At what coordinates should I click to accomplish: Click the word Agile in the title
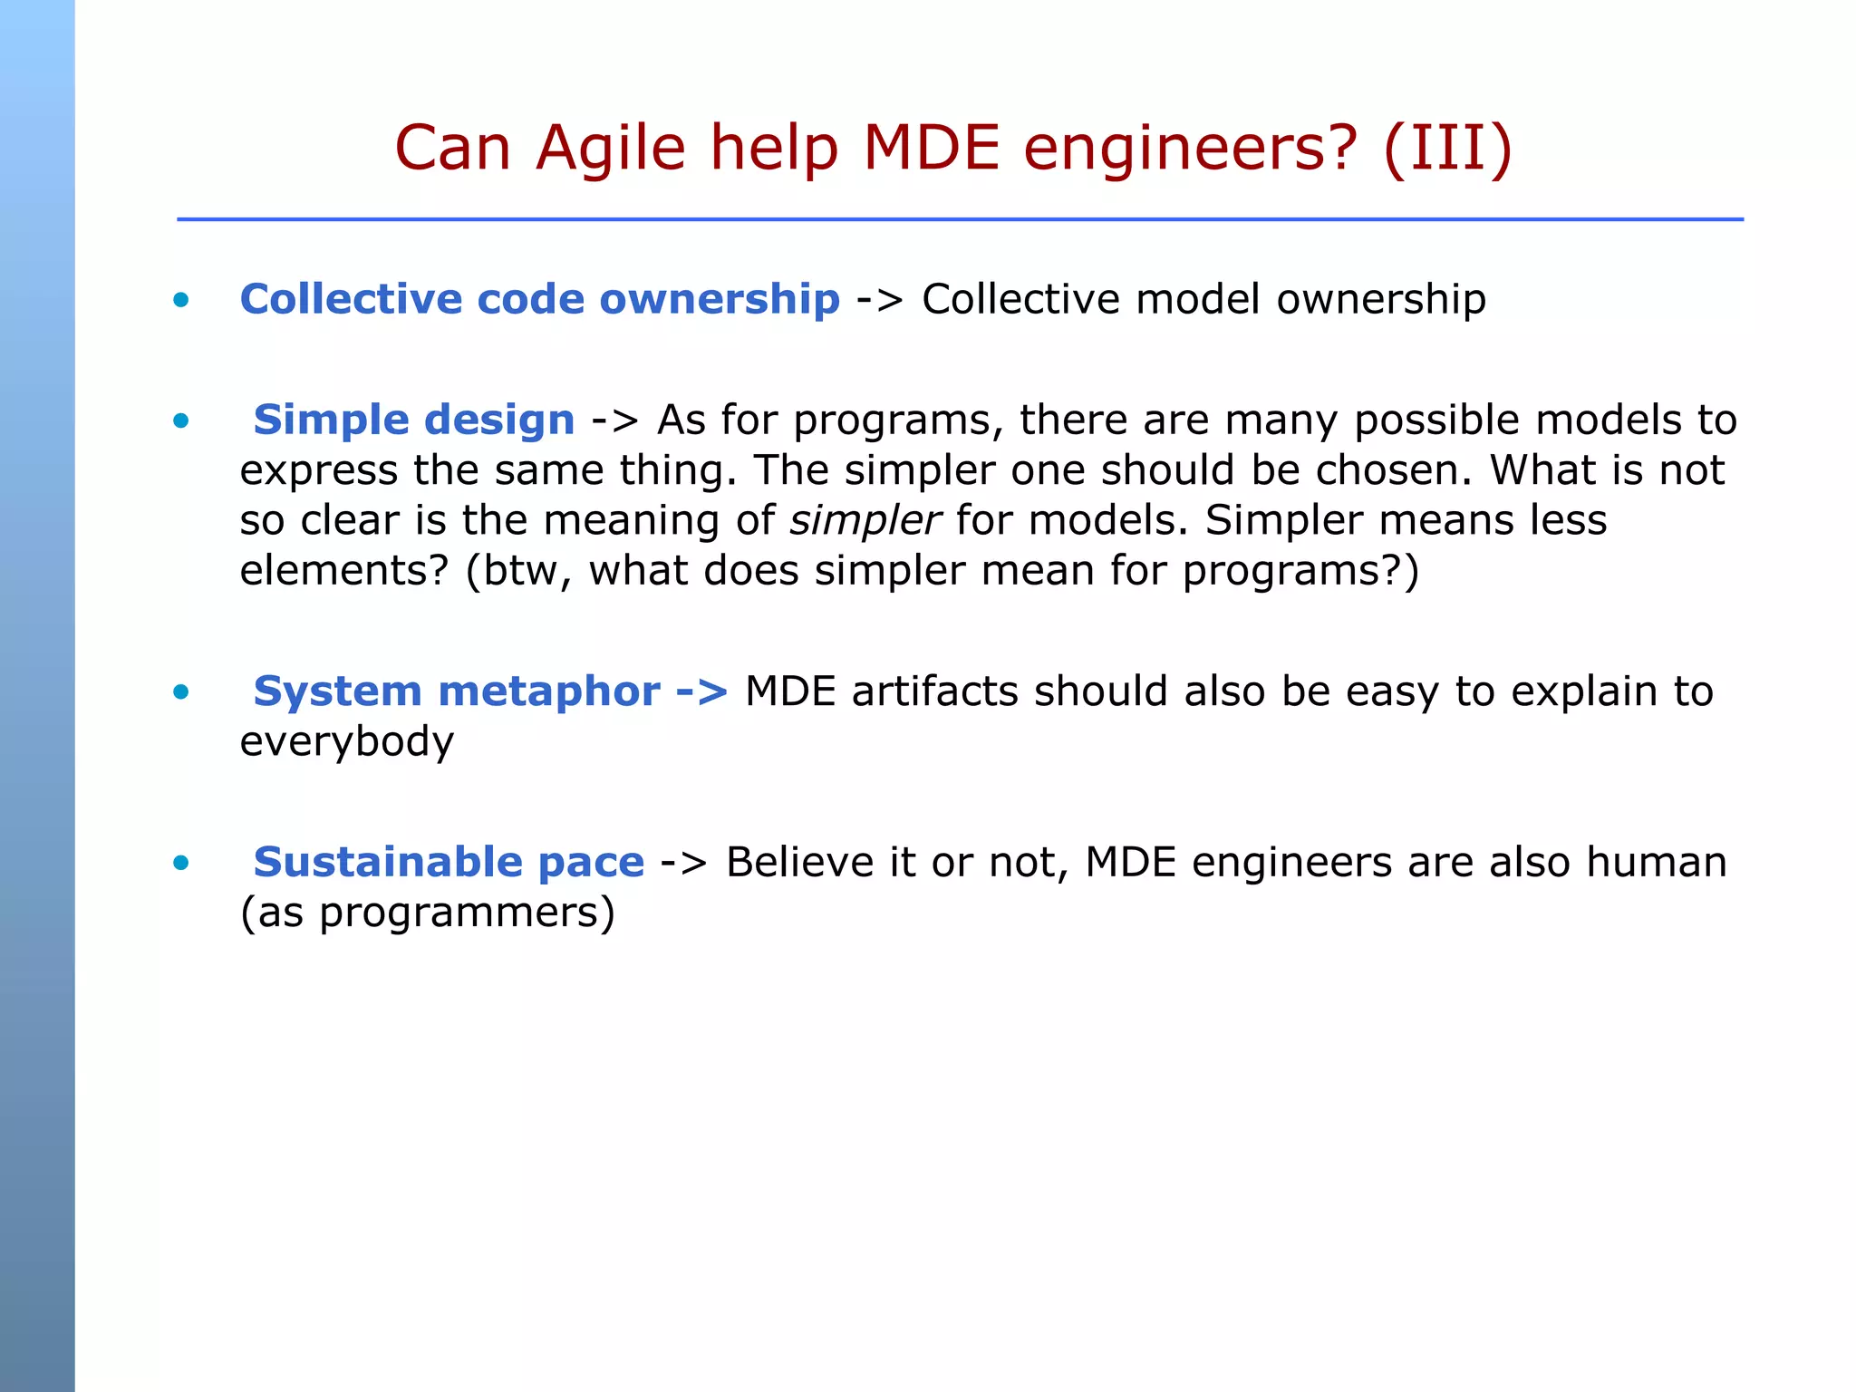[x=610, y=149]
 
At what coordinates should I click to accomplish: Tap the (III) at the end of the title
[x=1447, y=149]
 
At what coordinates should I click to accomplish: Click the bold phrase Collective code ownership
[x=540, y=299]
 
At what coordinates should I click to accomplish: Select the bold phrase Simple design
[x=414, y=420]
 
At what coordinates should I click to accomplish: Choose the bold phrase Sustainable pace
[x=449, y=862]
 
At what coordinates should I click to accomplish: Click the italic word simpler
[x=865, y=521]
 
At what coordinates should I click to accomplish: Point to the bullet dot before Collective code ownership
[x=181, y=300]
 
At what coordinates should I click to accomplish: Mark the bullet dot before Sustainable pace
[x=181, y=863]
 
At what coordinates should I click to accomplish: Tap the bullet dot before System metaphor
[x=181, y=692]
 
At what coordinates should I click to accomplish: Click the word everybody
[x=346, y=742]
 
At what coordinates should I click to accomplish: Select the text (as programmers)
[x=427, y=913]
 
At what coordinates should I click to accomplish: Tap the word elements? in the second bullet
[x=344, y=571]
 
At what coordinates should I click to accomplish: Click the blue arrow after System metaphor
[x=702, y=692]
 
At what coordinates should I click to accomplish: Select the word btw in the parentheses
[x=521, y=571]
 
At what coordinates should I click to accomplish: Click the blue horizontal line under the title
[x=960, y=219]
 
